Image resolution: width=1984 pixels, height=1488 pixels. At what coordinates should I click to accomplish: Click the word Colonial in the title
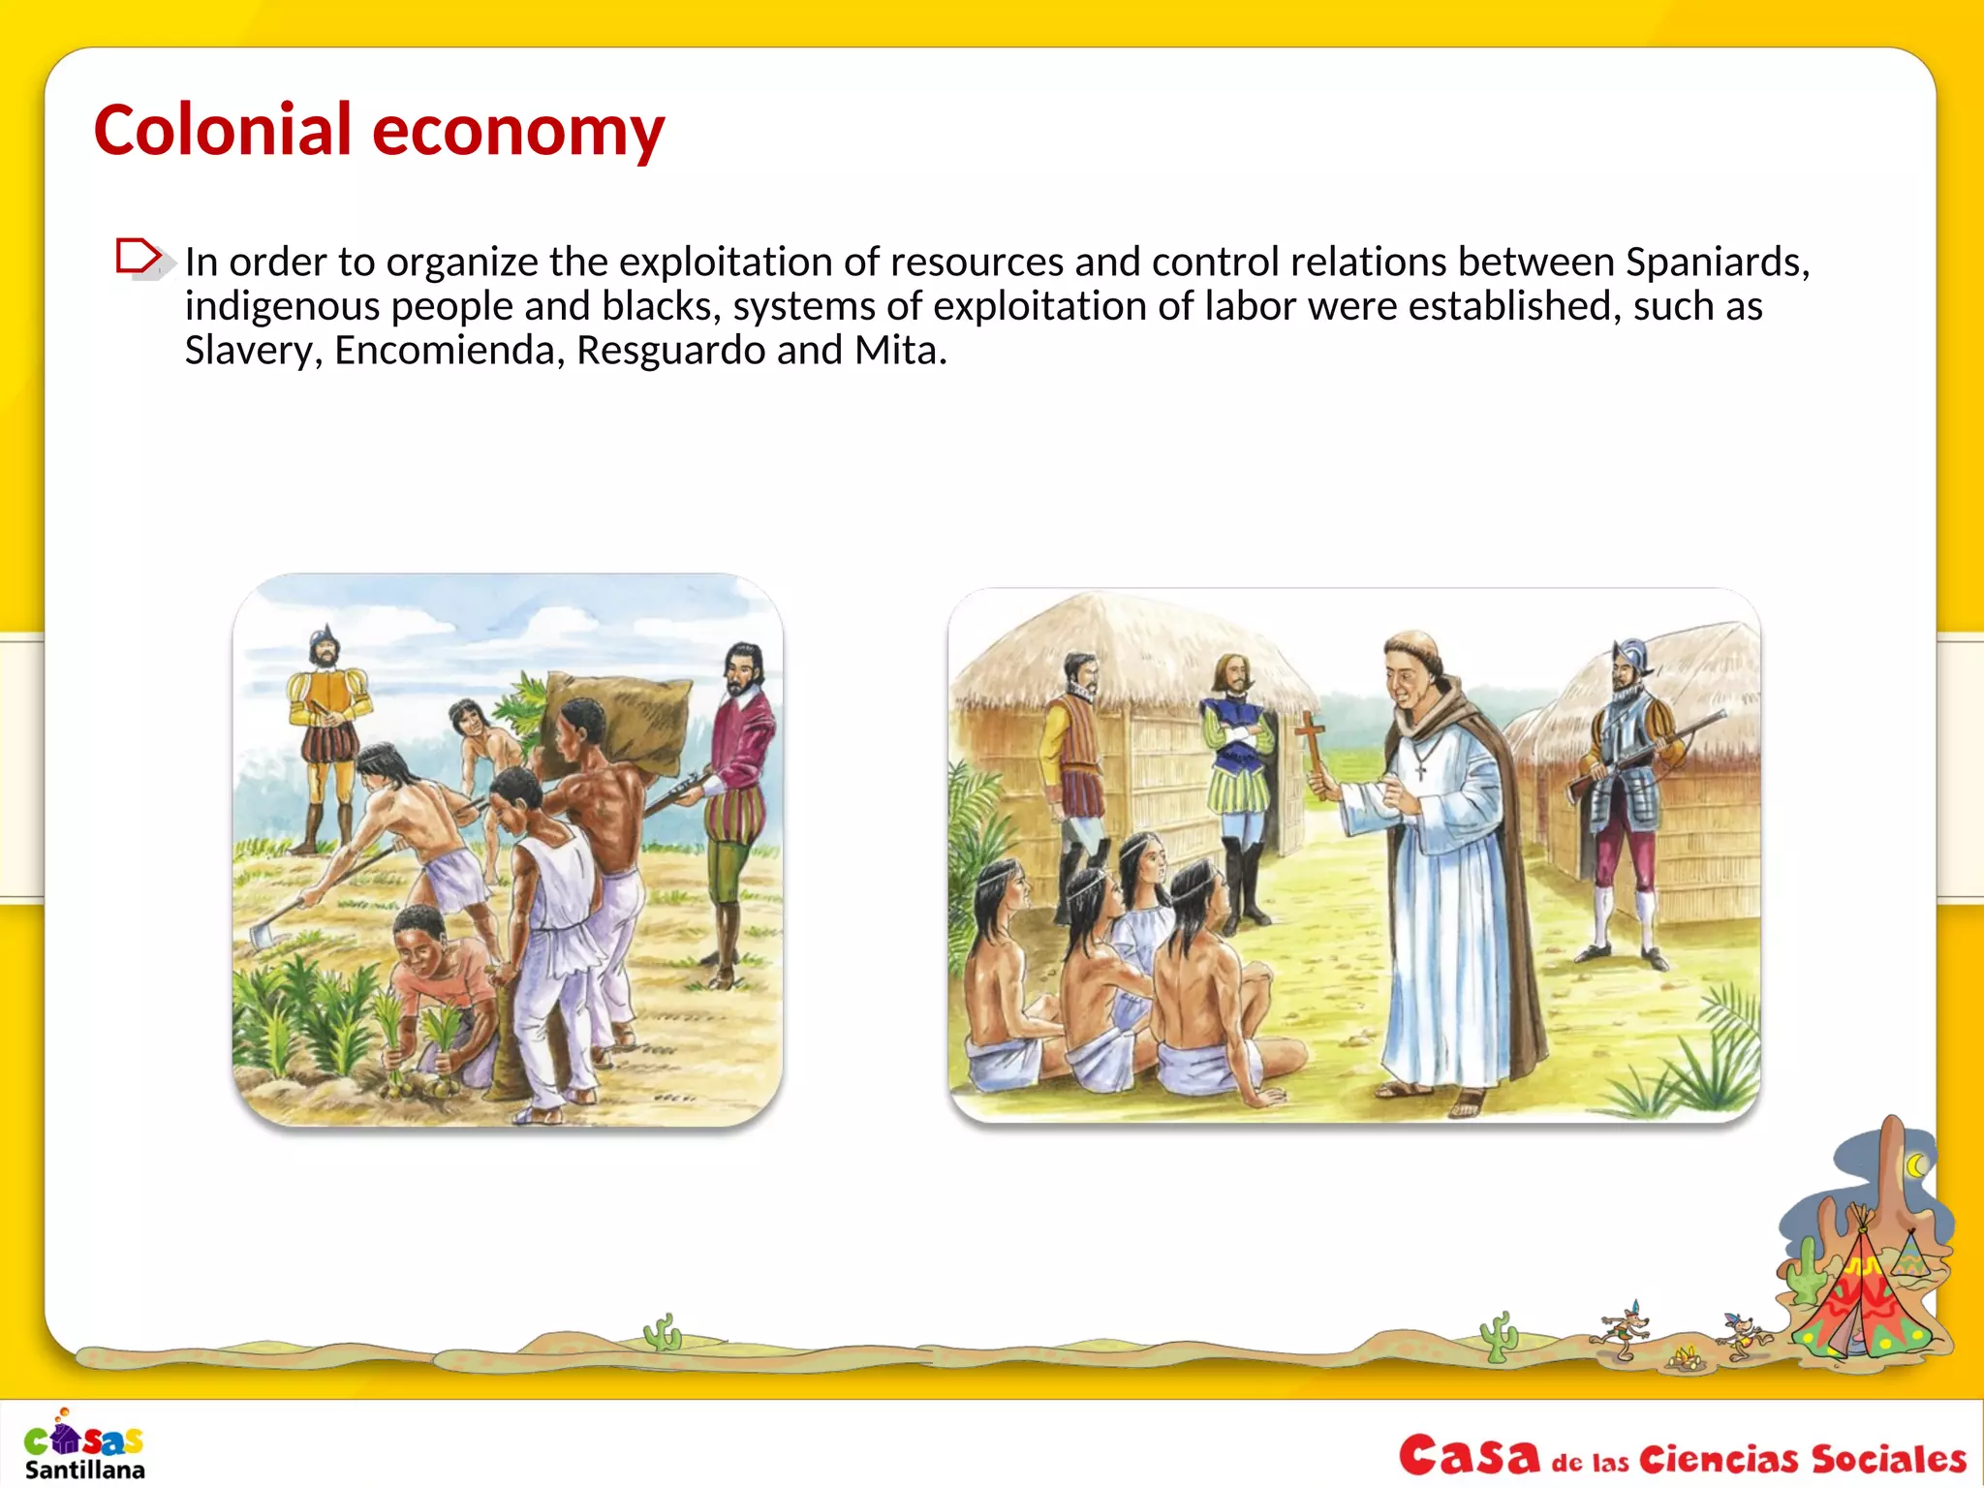click(x=222, y=130)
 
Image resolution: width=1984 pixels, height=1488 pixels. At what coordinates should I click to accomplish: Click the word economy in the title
click(x=518, y=132)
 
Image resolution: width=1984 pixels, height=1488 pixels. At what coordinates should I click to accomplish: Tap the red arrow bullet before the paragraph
click(x=139, y=258)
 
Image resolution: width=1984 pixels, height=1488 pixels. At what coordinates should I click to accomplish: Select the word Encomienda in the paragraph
click(x=449, y=351)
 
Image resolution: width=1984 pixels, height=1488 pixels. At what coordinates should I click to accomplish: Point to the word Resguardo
click(x=670, y=351)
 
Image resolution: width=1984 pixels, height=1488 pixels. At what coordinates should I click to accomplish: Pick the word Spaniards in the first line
click(x=1715, y=262)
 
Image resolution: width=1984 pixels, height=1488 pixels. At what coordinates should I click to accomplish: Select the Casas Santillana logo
click(x=85, y=1444)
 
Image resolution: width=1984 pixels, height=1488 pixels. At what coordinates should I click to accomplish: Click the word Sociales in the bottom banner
click(x=1888, y=1459)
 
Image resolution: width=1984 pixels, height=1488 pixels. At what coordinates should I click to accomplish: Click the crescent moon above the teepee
click(x=1916, y=1166)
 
